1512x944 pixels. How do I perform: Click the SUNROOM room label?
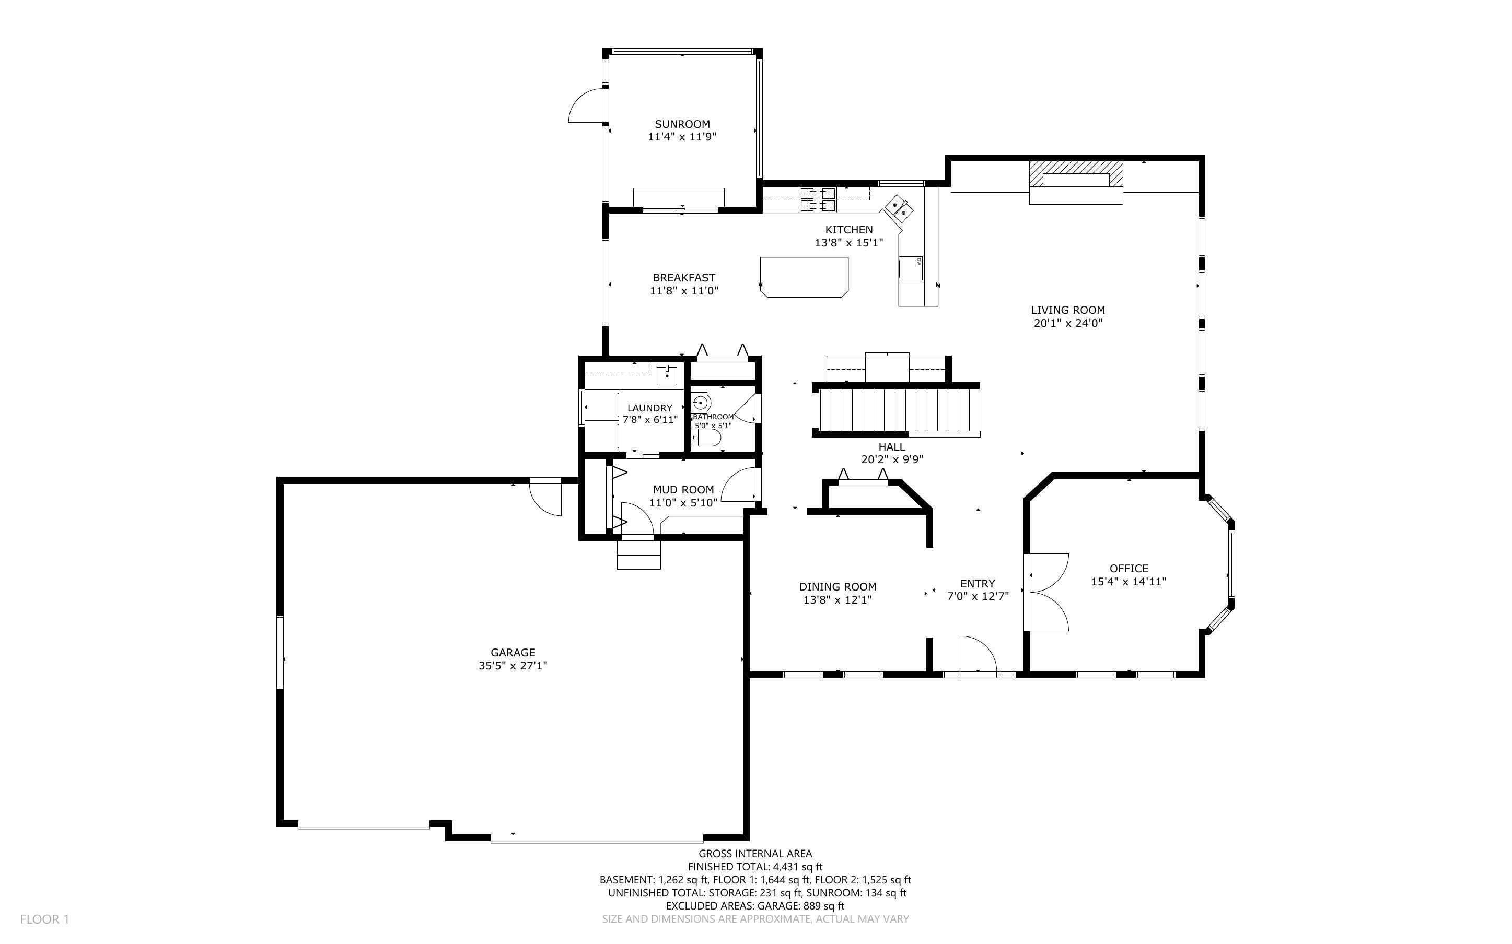click(x=682, y=124)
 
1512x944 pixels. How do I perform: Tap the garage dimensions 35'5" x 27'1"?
click(x=513, y=666)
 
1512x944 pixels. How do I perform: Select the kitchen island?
click(x=805, y=277)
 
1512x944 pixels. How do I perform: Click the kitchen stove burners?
click(x=818, y=198)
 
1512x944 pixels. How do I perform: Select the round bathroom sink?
click(x=700, y=403)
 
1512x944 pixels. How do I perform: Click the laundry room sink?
click(x=667, y=376)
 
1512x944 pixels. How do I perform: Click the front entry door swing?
click(x=978, y=656)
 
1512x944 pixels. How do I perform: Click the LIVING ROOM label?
click(x=1067, y=310)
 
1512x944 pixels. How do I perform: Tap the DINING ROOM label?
click(x=838, y=587)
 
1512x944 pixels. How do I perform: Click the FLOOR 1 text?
click(x=44, y=919)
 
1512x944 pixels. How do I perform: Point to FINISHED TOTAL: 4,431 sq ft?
click(x=755, y=867)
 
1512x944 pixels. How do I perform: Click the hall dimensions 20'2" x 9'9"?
click(x=892, y=459)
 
